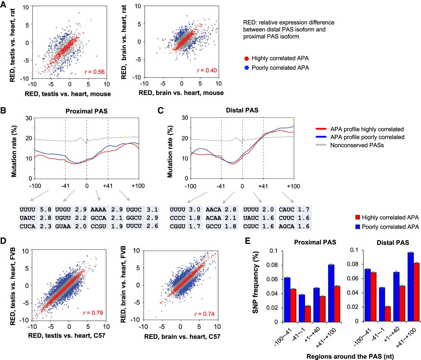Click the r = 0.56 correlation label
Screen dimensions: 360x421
[x=94, y=72]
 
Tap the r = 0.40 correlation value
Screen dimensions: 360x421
[x=207, y=70]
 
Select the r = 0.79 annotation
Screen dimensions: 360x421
[x=93, y=313]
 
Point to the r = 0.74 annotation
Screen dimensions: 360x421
[x=204, y=314]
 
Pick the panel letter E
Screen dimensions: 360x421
[x=248, y=241]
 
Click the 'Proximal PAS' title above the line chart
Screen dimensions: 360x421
[x=86, y=111]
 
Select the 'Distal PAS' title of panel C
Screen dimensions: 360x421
[x=242, y=110]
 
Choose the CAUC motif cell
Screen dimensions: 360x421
[x=286, y=209]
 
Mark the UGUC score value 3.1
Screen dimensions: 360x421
[x=152, y=209]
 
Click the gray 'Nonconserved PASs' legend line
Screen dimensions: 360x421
[x=321, y=145]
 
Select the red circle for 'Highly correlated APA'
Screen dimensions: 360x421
[x=246, y=59]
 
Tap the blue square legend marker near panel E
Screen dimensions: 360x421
[x=358, y=227]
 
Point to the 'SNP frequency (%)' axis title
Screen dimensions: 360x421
[x=256, y=282]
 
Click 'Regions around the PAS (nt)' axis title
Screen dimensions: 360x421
[x=350, y=356]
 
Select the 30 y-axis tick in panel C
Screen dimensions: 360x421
[x=185, y=118]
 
